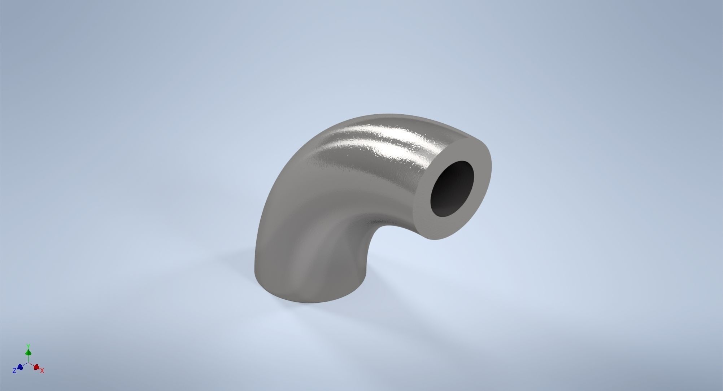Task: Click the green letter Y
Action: (x=28, y=346)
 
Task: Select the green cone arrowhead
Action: (x=28, y=352)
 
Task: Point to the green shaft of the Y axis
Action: (x=28, y=359)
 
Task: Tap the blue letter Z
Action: (x=14, y=370)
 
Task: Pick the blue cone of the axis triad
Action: (x=20, y=367)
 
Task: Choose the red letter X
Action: (x=42, y=370)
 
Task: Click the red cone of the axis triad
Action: (x=36, y=367)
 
